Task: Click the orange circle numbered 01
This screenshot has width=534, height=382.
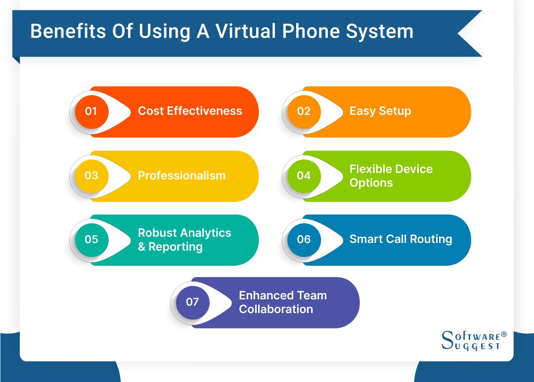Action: click(91, 111)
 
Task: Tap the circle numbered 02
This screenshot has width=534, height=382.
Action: click(304, 111)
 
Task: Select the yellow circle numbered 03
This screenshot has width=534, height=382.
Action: click(91, 176)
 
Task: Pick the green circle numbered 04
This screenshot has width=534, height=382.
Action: click(304, 176)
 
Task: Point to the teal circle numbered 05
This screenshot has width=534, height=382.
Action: click(91, 239)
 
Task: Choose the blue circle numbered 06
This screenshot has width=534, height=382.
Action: click(304, 239)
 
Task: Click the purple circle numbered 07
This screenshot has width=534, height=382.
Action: click(192, 302)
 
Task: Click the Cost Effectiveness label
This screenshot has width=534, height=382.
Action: click(190, 111)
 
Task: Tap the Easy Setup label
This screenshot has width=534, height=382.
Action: click(380, 111)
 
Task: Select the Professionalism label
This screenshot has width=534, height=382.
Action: click(181, 176)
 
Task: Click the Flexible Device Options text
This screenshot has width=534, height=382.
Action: click(391, 176)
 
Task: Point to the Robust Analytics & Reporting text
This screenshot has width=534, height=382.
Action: click(184, 239)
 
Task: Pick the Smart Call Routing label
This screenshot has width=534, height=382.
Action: click(400, 239)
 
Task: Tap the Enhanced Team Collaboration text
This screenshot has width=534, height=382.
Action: click(282, 302)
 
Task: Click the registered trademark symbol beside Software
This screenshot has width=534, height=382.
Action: click(504, 334)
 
